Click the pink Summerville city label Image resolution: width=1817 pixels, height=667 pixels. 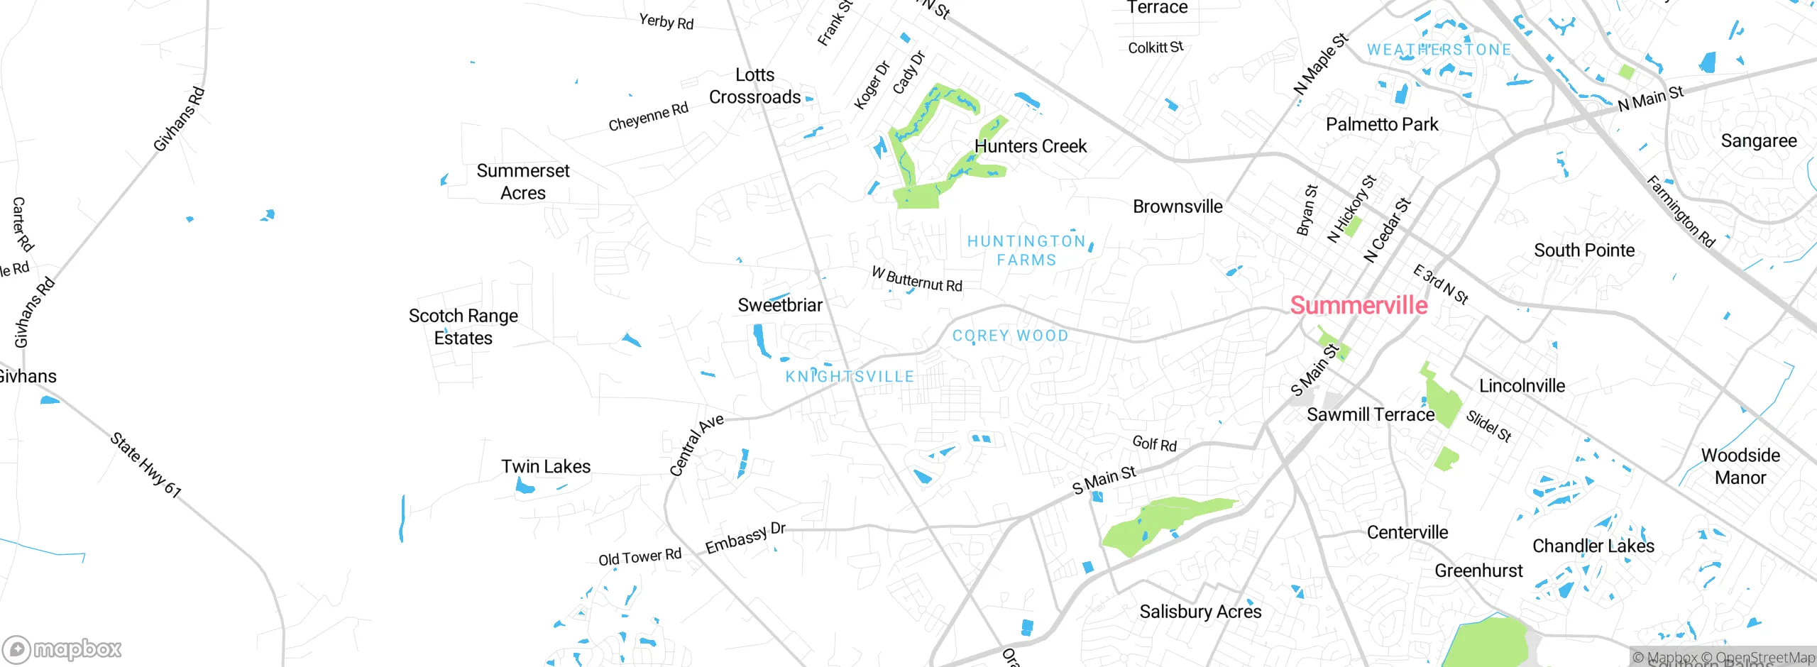coord(1358,305)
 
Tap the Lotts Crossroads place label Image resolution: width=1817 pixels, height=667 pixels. coord(754,86)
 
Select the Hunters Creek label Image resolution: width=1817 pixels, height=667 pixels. coord(1030,146)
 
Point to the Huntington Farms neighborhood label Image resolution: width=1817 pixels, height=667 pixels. coord(1026,250)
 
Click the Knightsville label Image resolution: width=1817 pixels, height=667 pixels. coord(850,377)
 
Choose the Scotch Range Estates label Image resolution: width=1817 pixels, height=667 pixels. coord(463,326)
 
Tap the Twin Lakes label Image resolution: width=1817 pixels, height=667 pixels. coord(546,466)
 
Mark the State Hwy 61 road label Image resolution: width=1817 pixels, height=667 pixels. coord(146,465)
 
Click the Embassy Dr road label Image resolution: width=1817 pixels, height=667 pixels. coord(745,538)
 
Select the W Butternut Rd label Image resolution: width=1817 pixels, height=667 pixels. coord(916,280)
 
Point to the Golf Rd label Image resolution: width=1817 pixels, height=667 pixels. coord(1154,443)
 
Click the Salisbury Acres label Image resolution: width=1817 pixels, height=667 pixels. coord(1200,612)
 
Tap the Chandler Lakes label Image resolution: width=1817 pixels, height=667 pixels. coord(1593,546)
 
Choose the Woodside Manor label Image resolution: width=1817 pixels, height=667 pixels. coord(1740,466)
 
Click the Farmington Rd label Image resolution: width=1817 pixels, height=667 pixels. coord(1681,211)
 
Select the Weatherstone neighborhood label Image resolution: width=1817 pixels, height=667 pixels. coord(1439,50)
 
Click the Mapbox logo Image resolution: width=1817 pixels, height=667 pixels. coord(62,649)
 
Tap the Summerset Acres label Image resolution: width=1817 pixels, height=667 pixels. coord(523,182)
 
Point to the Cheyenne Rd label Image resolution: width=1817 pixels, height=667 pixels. coord(648,117)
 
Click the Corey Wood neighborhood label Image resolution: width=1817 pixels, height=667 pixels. coord(1010,336)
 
